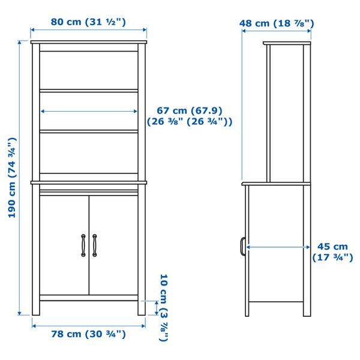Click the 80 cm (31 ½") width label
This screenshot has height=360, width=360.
[88, 22]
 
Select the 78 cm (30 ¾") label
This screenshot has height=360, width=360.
[88, 334]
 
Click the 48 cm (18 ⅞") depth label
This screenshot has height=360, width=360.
[277, 24]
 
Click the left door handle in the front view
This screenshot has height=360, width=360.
[83, 244]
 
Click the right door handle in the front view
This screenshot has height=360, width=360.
[95, 244]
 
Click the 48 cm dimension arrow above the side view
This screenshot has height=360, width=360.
[277, 33]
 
